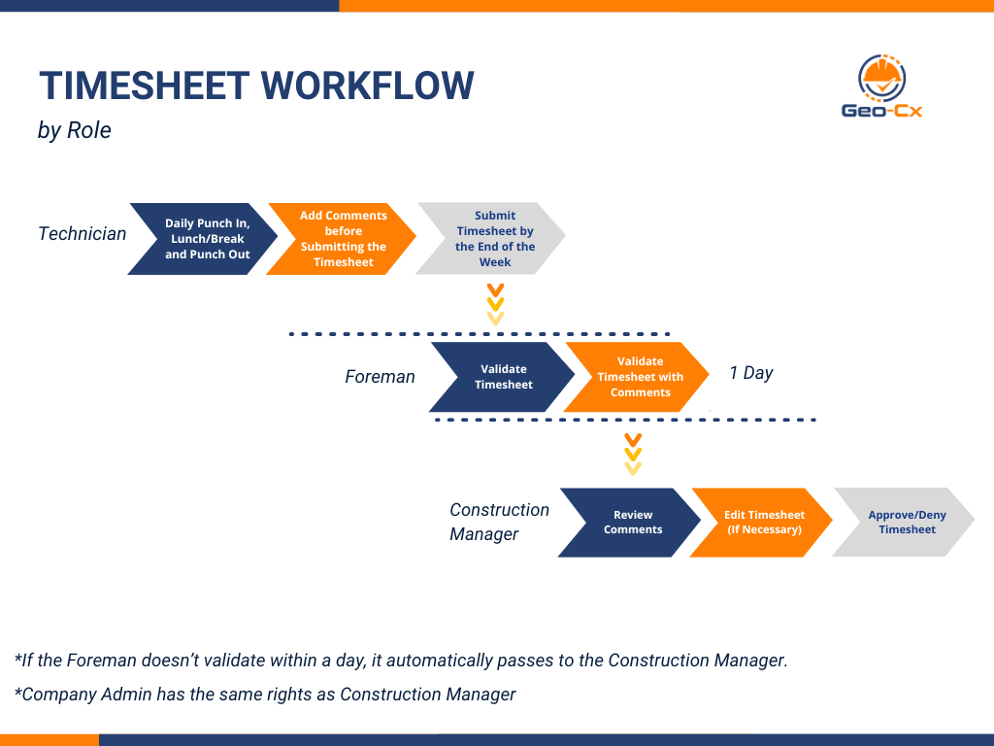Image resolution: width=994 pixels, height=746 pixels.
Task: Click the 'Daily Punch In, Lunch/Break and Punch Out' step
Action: (206, 239)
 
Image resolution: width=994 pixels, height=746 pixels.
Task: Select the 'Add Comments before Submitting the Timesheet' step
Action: (343, 239)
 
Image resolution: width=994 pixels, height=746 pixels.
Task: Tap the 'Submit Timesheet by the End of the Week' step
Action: (494, 239)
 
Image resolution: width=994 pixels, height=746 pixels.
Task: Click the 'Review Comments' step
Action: (632, 523)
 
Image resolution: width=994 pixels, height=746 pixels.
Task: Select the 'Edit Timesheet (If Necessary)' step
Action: (764, 523)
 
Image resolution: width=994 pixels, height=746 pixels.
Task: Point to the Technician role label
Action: (83, 234)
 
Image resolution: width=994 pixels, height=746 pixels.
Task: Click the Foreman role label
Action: (380, 377)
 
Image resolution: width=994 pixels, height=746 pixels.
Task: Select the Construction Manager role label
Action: (499, 522)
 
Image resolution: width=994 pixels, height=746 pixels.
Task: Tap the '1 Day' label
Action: (751, 373)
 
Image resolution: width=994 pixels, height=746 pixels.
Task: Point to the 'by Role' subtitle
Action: (75, 130)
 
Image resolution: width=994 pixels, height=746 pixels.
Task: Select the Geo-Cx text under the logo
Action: (882, 111)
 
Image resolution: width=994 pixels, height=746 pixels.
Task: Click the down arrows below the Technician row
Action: (495, 304)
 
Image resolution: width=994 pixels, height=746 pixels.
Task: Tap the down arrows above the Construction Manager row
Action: (633, 454)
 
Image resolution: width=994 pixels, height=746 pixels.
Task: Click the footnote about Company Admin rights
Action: (265, 695)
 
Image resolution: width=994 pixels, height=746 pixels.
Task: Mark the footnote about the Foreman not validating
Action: (401, 661)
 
